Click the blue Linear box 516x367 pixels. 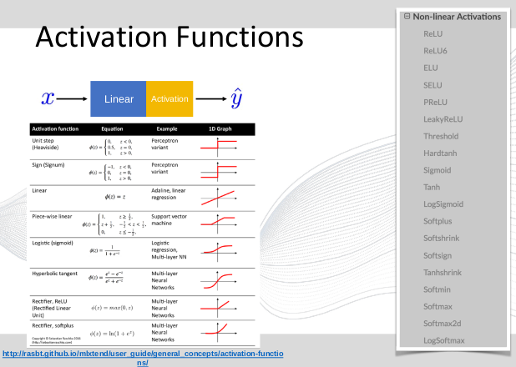tap(118, 98)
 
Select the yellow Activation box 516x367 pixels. tap(169, 98)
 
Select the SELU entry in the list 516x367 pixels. tap(433, 85)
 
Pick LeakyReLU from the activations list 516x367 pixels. tap(443, 119)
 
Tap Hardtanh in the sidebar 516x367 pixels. tap(441, 153)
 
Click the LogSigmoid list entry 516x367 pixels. tap(443, 204)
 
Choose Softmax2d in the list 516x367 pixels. tap(444, 323)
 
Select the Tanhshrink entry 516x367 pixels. tap(444, 272)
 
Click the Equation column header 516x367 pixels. tap(112, 129)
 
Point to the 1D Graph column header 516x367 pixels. tap(219, 129)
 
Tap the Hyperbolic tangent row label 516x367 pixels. tap(55, 273)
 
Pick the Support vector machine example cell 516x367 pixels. tap(168, 219)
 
